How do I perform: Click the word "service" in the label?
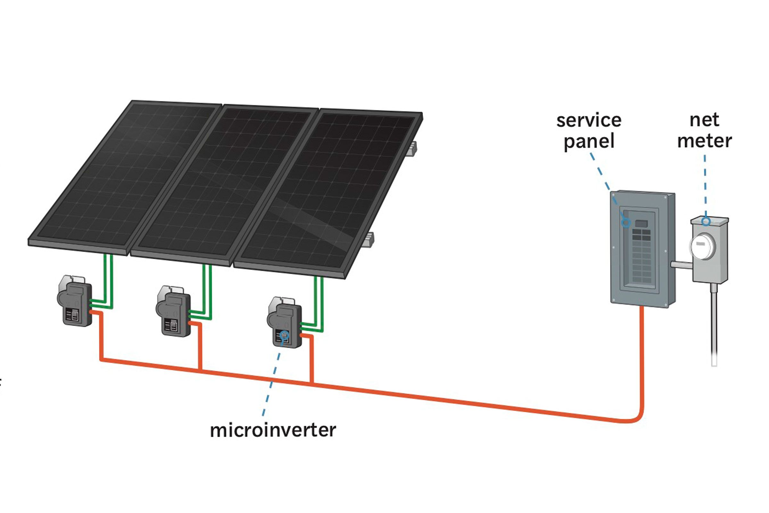click(x=589, y=121)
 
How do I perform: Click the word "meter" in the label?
click(x=704, y=141)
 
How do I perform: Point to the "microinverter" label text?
click(x=273, y=430)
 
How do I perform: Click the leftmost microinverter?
click(x=75, y=301)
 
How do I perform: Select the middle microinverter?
click(x=173, y=311)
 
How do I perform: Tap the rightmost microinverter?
click(x=285, y=322)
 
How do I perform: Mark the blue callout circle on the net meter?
click(x=706, y=222)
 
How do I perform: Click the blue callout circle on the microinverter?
click(x=285, y=335)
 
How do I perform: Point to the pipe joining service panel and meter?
click(x=682, y=265)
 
